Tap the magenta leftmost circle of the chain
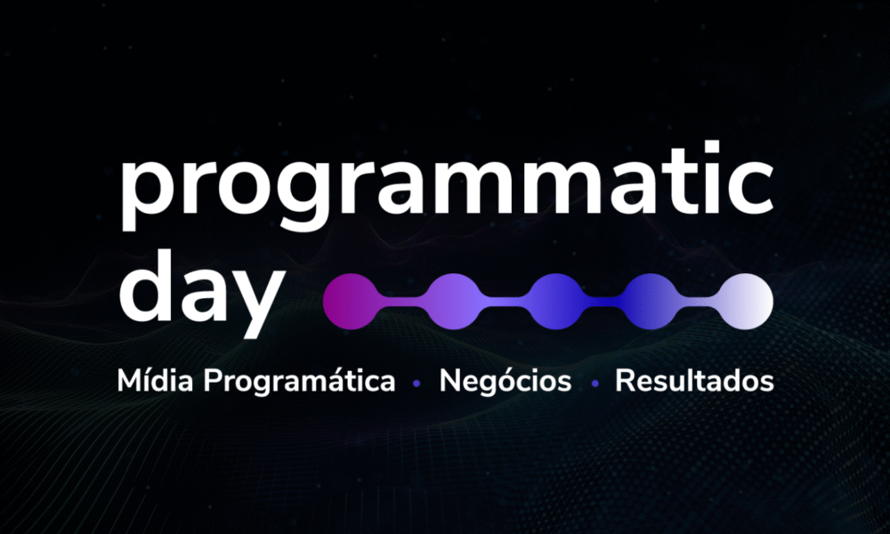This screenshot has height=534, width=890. click(351, 302)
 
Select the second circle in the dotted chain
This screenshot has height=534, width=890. click(452, 302)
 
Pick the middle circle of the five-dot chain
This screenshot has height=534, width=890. click(555, 302)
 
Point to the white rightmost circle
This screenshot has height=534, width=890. click(745, 302)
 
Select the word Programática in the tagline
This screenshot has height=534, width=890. click(299, 382)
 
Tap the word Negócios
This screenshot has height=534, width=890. click(506, 382)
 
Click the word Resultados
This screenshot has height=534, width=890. click(695, 380)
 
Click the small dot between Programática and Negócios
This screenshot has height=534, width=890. click(417, 384)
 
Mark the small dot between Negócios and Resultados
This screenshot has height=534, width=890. click(595, 384)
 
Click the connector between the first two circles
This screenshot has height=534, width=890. click(402, 302)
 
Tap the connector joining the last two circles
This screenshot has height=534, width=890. click(698, 302)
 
